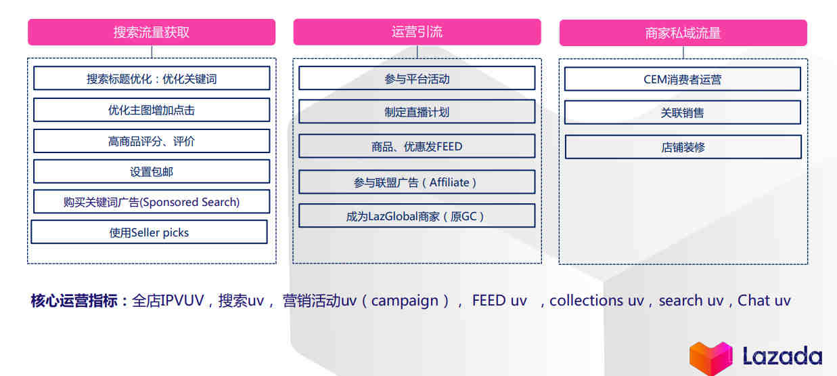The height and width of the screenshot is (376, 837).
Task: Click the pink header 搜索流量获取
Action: (x=152, y=32)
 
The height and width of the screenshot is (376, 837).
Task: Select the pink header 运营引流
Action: (x=417, y=32)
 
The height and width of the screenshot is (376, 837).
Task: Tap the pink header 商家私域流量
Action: (x=683, y=33)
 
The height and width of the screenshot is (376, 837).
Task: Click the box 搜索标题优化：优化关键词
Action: (x=152, y=78)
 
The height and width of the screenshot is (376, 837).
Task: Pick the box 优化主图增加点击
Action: (x=152, y=110)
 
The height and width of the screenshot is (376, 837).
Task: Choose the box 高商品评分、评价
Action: (x=152, y=141)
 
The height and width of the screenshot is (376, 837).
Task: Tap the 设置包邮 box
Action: (x=152, y=171)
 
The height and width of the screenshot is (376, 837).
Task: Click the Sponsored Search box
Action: (x=152, y=202)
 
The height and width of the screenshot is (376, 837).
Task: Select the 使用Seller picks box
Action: (x=149, y=232)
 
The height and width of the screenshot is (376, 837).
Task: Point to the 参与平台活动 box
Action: (x=417, y=79)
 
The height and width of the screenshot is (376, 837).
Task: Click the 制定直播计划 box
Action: (x=417, y=112)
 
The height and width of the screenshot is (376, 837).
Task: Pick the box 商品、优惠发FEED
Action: (x=417, y=146)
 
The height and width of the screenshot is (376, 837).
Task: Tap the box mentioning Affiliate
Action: (x=417, y=182)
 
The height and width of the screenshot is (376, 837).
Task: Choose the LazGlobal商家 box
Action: (x=417, y=216)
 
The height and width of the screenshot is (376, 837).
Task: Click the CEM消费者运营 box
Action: (x=683, y=79)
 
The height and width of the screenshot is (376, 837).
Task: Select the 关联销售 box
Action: (x=683, y=112)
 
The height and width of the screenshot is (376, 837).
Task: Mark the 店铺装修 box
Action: (x=683, y=147)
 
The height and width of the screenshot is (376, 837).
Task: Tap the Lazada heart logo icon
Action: (x=710, y=357)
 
